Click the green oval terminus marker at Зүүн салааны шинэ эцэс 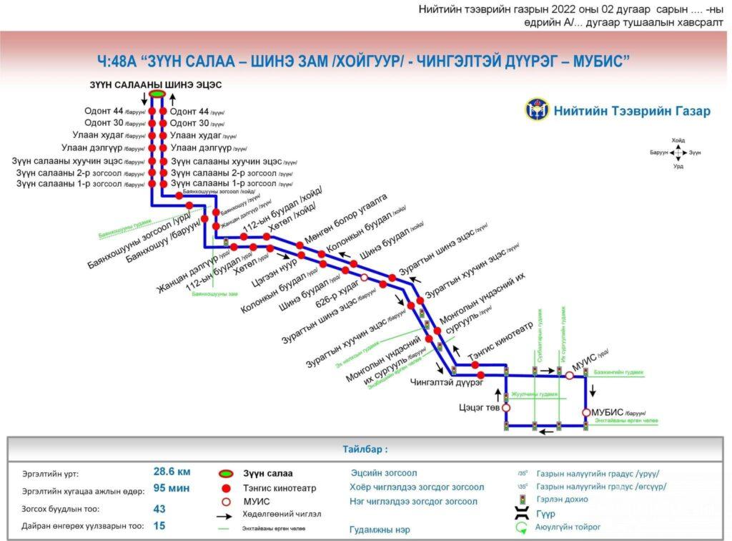[x=157, y=94]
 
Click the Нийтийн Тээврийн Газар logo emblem [x=536, y=111]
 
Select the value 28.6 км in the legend [x=172, y=472]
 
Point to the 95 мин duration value [x=171, y=489]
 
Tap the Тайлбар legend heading [x=365, y=450]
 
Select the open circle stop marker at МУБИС [x=587, y=413]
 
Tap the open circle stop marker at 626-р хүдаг [x=364, y=278]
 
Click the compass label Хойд [x=678, y=140]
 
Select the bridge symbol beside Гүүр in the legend [x=523, y=513]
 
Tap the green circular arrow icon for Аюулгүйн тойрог [x=523, y=528]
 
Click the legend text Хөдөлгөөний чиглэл [x=282, y=514]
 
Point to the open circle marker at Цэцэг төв [x=506, y=408]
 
